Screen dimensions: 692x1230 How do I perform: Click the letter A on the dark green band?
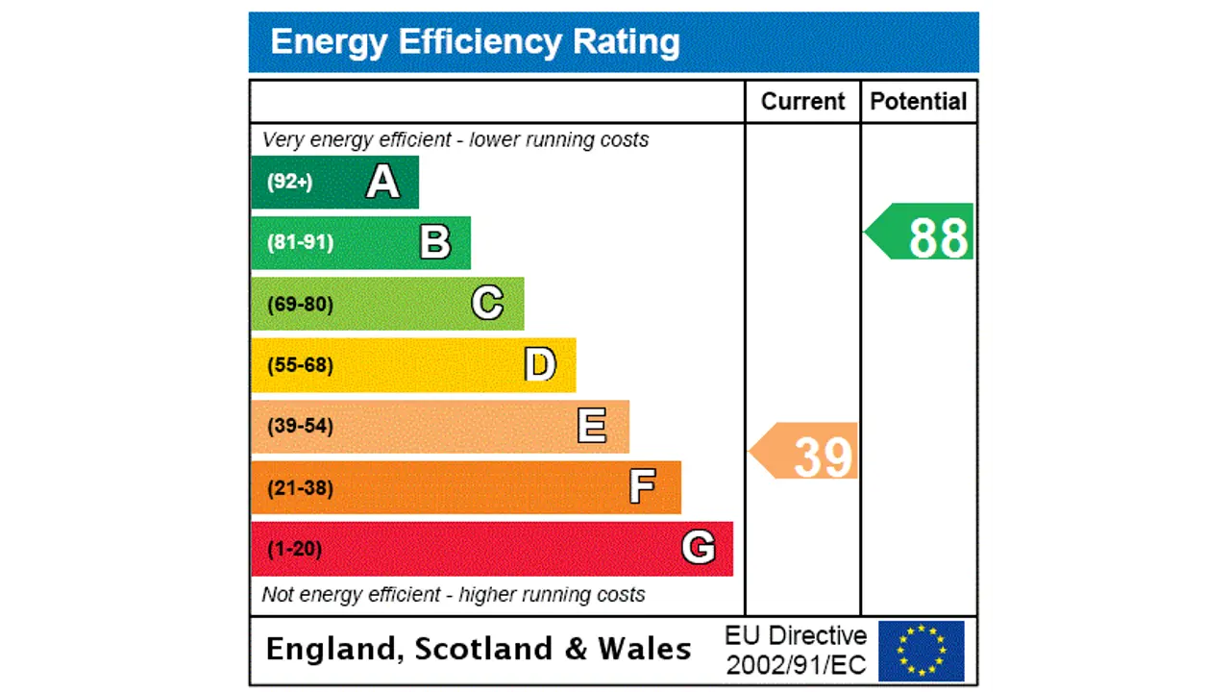[382, 182]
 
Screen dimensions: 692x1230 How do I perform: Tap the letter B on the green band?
[435, 242]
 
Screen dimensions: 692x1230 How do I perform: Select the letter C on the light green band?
[487, 304]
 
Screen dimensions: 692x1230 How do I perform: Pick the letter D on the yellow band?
[540, 365]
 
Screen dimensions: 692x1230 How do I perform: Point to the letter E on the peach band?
[592, 426]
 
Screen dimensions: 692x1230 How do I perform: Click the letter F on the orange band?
[643, 487]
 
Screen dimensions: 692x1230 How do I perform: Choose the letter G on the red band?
[699, 549]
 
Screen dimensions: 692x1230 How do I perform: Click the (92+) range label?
[289, 182]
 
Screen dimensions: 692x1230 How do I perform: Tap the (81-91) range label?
[300, 242]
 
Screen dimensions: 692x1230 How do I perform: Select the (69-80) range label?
[300, 305]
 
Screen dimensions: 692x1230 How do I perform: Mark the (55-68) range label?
[300, 365]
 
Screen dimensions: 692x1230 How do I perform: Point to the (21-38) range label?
[300, 488]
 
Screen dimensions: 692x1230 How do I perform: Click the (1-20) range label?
[294, 550]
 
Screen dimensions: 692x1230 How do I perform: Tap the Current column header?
[802, 102]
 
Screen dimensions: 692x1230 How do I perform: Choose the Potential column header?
[919, 102]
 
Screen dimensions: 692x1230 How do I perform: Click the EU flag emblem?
[921, 651]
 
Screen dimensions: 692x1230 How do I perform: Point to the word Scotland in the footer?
[485, 650]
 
